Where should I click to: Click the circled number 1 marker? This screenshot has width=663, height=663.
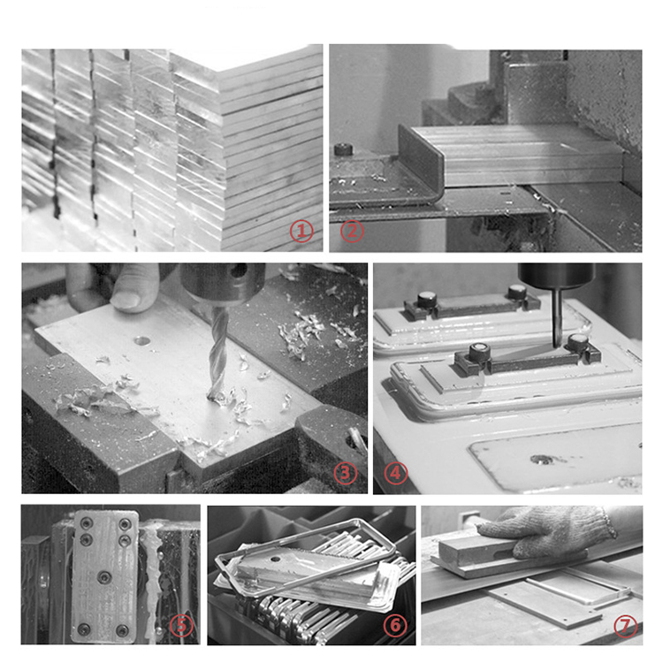point(301,231)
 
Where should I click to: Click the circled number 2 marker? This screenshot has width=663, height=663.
point(352,231)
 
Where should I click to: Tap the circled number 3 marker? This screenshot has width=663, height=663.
point(346,473)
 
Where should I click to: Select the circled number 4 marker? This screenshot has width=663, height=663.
point(396,473)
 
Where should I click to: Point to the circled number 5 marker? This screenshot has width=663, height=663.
point(181,625)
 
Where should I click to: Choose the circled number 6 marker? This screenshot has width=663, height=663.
point(395,625)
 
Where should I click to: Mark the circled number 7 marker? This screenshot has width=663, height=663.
point(625,625)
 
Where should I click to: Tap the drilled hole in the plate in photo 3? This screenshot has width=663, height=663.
point(142,340)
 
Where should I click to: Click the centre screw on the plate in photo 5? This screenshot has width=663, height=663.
point(104,576)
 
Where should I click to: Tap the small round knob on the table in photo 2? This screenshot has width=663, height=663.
point(343,149)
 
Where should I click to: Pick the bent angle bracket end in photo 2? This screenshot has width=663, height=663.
point(421,163)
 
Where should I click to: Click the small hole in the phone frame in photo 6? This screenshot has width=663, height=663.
point(276,559)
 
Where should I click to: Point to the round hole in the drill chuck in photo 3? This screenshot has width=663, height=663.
point(239,270)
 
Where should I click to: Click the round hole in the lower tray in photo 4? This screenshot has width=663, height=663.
point(542,459)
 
